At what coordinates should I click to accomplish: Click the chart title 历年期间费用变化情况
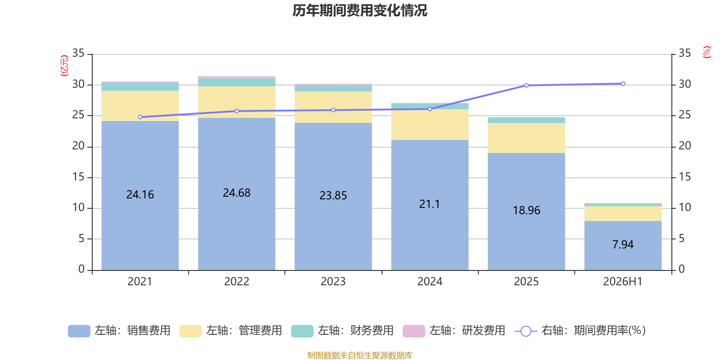pos(360,11)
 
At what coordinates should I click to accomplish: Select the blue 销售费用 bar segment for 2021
pos(140,195)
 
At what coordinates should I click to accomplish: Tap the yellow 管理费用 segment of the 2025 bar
pos(526,138)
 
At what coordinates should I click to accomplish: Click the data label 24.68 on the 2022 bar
pos(237,193)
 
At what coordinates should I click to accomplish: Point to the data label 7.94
pos(623,245)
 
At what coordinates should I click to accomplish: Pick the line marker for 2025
pos(526,85)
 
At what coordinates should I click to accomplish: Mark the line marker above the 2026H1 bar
pos(623,84)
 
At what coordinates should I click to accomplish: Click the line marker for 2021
pos(140,117)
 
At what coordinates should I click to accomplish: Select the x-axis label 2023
pos(333,282)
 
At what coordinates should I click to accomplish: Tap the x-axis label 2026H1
pos(623,282)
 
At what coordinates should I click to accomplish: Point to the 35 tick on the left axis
pos(78,54)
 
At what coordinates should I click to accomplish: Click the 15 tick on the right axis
pos(684,177)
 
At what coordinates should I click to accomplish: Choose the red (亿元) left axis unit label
pos(64,66)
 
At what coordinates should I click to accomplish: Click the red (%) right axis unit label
pos(706,52)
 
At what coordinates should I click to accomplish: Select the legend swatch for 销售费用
pos(79,331)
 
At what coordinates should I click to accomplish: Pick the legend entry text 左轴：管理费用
pos(244,331)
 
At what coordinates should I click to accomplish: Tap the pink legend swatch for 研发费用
pos(414,331)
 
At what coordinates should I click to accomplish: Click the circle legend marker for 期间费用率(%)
pos(526,331)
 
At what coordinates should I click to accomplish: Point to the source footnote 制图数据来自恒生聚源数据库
pos(360,355)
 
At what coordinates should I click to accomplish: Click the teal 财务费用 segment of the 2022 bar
pos(237,82)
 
